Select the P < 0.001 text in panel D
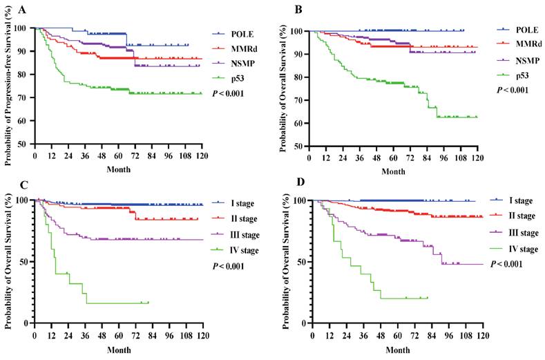[x=506, y=263]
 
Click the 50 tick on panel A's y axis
[x=26, y=144]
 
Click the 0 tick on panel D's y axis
[x=305, y=323]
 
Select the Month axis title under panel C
[x=118, y=348]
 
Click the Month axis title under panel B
[x=394, y=171]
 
